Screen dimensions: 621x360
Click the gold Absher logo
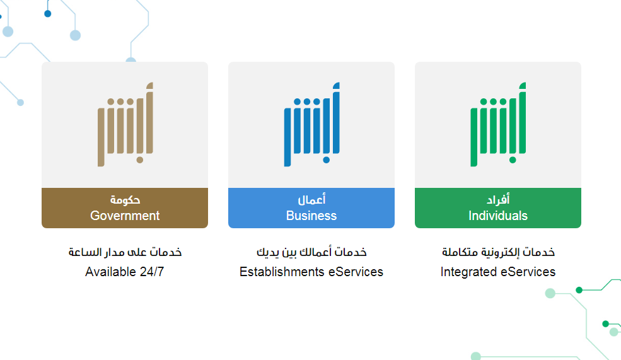point(125,124)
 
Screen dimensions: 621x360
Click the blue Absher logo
point(312,124)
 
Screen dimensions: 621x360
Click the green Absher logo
point(499,124)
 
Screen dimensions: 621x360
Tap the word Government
point(125,216)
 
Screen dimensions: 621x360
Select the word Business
point(311,216)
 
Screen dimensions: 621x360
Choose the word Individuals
point(498,216)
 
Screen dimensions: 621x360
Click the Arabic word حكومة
point(125,200)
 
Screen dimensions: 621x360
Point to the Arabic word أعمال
point(311,199)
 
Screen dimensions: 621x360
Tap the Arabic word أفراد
point(498,199)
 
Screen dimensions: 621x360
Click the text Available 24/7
point(124,272)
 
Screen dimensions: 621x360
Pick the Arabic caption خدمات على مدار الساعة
point(125,252)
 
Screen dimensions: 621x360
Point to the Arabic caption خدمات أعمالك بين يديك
point(311,252)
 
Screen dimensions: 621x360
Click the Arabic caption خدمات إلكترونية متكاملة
point(498,252)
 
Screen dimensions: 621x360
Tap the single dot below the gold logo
point(140,160)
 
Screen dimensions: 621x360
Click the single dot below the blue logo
point(327,160)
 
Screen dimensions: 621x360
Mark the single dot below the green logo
point(513,160)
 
